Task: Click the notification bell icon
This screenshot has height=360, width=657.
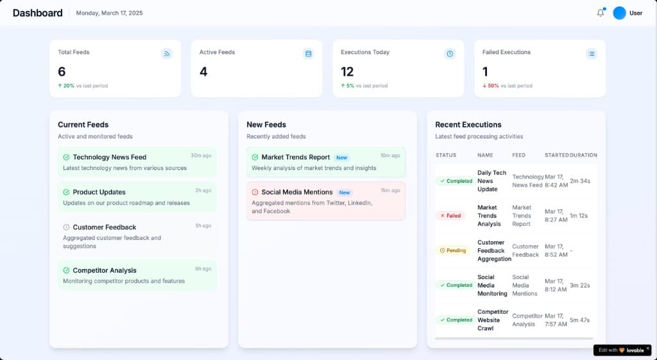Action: [601, 13]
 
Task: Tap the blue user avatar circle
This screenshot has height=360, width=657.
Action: [619, 13]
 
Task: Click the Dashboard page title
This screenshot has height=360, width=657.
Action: [38, 13]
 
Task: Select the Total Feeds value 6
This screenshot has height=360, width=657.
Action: [62, 72]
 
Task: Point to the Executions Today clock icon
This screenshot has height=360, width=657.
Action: [450, 54]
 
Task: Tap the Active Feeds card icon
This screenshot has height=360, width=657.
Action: [308, 54]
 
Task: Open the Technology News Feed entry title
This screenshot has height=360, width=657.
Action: [109, 157]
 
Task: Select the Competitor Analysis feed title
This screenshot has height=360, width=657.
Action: [104, 271]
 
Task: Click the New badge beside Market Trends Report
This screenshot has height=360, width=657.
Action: [342, 157]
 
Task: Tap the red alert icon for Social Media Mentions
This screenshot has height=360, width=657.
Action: [255, 192]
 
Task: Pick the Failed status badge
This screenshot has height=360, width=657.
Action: [450, 216]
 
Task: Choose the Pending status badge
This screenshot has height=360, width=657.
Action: [453, 250]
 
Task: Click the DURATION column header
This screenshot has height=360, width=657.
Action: [583, 155]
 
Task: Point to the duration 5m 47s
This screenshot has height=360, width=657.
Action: [579, 320]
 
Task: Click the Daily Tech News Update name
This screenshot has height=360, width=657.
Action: [491, 181]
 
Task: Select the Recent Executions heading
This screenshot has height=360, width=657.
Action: [468, 124]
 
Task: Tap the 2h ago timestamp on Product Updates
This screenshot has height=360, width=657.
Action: [203, 191]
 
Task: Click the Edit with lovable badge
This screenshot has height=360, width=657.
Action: [619, 350]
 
